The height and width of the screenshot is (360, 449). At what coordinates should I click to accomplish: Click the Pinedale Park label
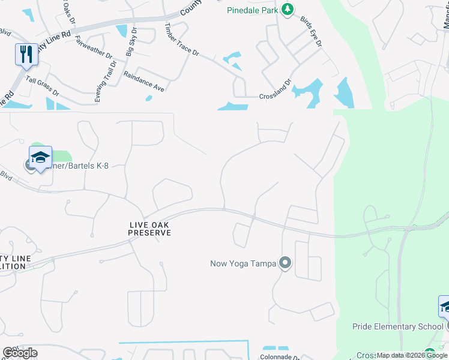click(253, 10)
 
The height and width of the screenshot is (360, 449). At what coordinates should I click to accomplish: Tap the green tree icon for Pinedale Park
click(288, 9)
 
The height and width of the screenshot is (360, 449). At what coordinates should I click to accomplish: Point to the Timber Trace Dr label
click(182, 40)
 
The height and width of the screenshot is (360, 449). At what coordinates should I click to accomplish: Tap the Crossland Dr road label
click(275, 88)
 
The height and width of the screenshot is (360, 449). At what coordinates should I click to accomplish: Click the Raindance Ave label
click(143, 82)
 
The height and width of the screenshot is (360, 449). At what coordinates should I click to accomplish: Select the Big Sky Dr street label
click(130, 42)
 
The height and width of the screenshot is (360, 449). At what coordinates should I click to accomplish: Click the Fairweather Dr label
click(94, 46)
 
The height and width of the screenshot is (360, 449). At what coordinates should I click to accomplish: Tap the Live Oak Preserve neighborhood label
click(150, 229)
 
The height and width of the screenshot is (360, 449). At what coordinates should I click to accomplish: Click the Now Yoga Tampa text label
click(243, 263)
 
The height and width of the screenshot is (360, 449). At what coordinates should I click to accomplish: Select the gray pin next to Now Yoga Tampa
click(285, 263)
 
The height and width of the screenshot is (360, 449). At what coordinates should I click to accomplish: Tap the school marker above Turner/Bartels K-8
click(40, 158)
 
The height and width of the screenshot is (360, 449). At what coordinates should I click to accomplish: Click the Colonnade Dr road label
click(280, 356)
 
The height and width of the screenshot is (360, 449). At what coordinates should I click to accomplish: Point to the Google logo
click(19, 353)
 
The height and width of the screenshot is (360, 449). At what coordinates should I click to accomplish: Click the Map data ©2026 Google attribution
click(412, 356)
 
